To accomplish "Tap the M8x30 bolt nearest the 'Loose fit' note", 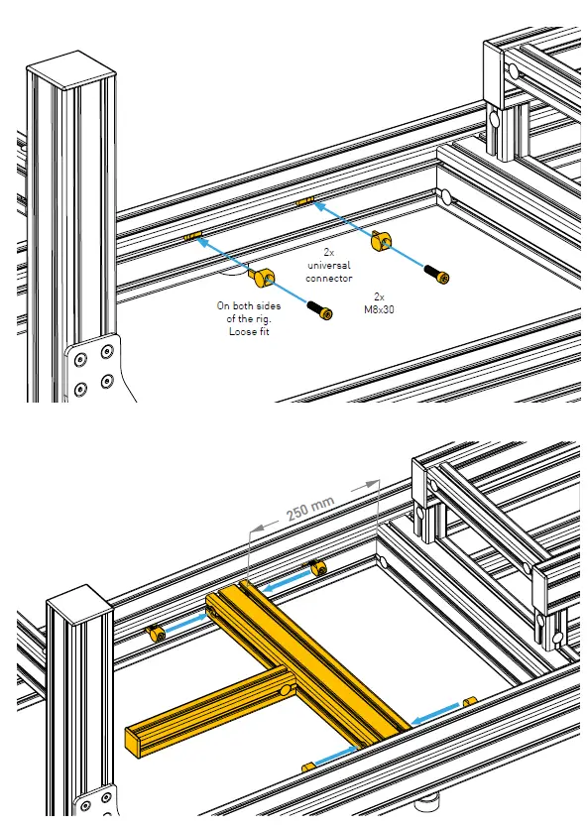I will pyautogui.click(x=325, y=310).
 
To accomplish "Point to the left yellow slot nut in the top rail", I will pyautogui.click(x=192, y=238).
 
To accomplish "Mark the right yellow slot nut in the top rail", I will pyautogui.click(x=304, y=202).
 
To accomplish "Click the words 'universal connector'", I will pyautogui.click(x=329, y=272).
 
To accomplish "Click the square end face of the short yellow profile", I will pyautogui.click(x=134, y=736).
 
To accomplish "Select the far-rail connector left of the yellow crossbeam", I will pyautogui.click(x=156, y=634).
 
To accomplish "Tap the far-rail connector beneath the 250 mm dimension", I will pyautogui.click(x=318, y=567).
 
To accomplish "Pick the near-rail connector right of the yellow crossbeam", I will pyautogui.click(x=470, y=701).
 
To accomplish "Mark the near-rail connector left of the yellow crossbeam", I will pyautogui.click(x=307, y=767).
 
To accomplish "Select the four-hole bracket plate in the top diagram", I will pyautogui.click(x=94, y=367).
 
